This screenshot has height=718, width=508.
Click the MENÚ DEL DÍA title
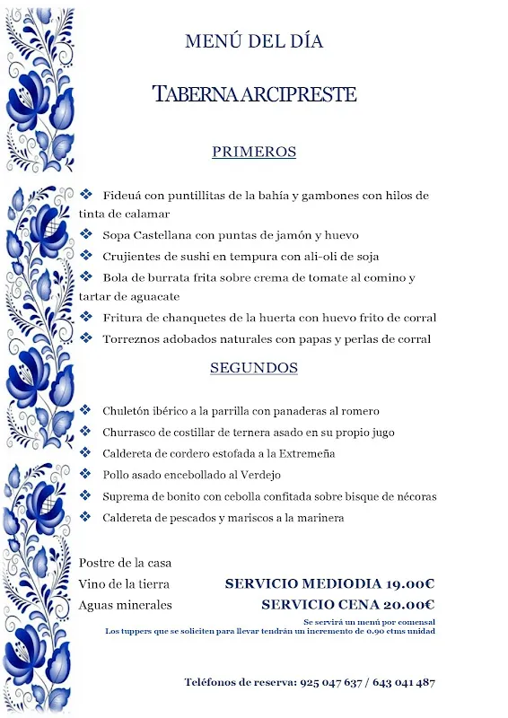[254, 41]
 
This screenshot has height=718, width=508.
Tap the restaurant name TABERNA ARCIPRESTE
[254, 94]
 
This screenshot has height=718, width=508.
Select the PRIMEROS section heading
[254, 153]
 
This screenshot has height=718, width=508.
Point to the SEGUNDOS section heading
[254, 368]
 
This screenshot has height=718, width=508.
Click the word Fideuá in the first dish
[122, 196]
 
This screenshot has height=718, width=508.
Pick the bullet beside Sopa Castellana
[86, 235]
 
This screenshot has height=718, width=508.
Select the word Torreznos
[133, 339]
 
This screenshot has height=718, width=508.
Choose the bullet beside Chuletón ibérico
[86, 410]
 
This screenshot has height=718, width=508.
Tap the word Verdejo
[259, 475]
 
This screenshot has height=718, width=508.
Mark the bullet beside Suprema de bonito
[86, 496]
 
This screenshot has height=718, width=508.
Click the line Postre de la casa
[125, 563]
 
